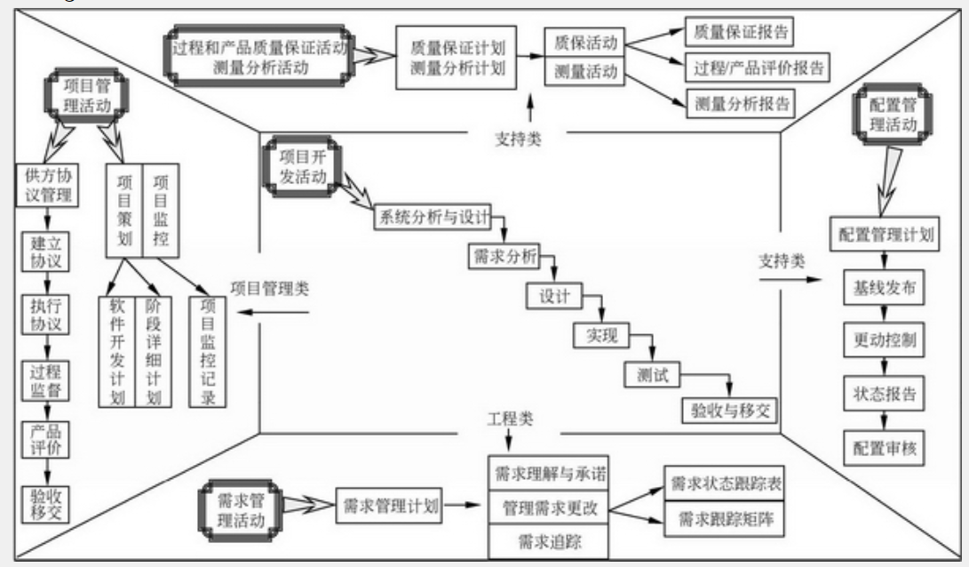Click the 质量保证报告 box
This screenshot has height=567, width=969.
pos(739,33)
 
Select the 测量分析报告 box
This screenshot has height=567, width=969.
pos(739,103)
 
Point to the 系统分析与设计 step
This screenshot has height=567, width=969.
pos(431,220)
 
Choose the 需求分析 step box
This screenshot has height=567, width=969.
pos(503,257)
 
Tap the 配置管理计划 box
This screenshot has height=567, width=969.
pos(885,235)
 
